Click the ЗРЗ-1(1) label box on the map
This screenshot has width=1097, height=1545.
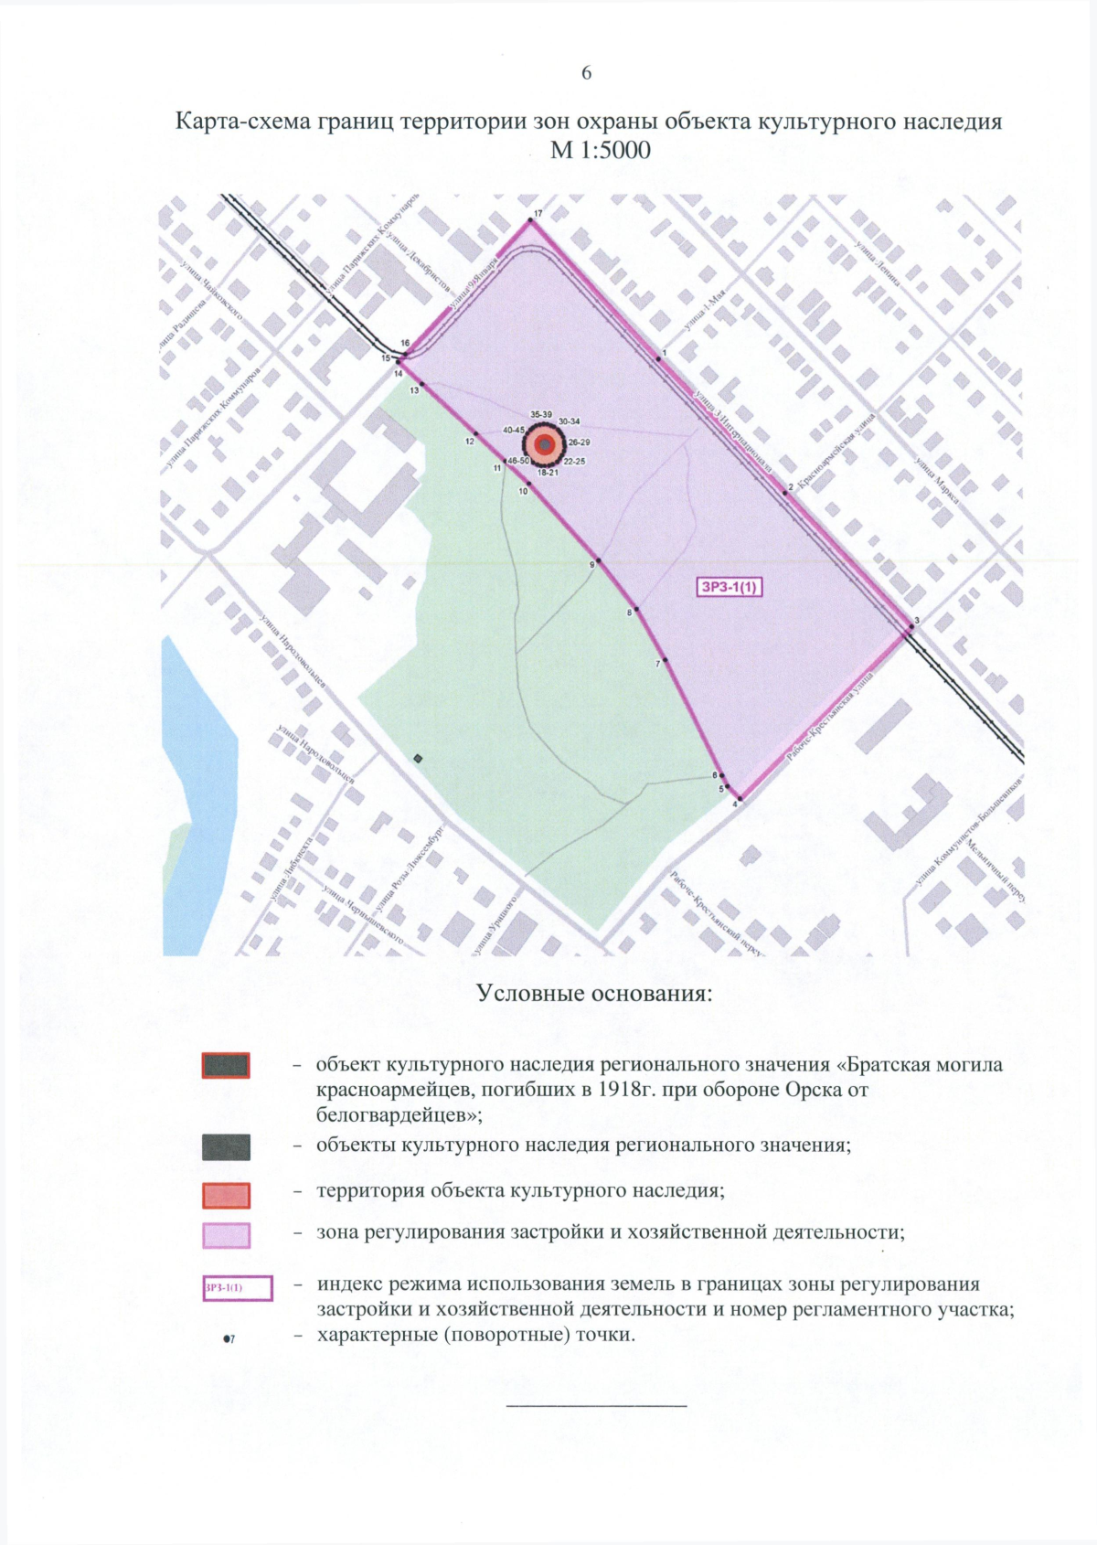tap(730, 587)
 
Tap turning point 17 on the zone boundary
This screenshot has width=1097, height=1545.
tap(530, 220)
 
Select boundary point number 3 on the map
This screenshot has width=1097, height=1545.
tap(911, 627)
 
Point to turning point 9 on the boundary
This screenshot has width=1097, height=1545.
tap(599, 560)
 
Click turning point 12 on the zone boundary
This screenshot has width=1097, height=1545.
tap(475, 434)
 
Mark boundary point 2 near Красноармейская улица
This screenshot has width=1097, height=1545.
tap(784, 493)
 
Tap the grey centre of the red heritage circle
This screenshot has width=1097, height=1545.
tap(545, 445)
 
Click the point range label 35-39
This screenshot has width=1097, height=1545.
tap(541, 415)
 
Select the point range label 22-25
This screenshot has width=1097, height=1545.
tap(574, 462)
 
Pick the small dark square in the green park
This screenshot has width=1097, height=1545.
tap(418, 758)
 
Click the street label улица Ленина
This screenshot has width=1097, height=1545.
tap(878, 264)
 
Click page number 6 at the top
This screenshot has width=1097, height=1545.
tap(586, 73)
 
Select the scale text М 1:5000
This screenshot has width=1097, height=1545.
tap(600, 149)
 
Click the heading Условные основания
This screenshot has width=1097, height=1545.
tap(593, 994)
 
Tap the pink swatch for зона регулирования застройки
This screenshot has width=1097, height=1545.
tap(226, 1236)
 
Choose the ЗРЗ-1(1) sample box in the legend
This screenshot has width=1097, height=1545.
tap(237, 1288)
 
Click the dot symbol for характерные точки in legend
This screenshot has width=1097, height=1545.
tap(226, 1338)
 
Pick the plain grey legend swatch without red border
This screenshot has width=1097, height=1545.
tap(226, 1147)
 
